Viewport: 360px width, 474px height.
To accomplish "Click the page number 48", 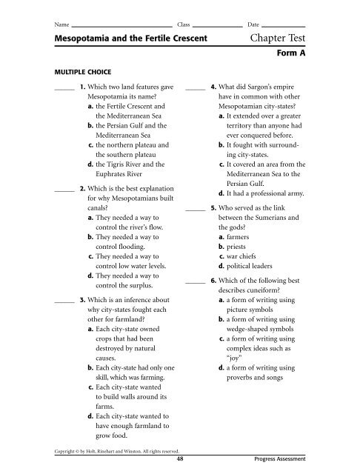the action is (181, 458).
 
